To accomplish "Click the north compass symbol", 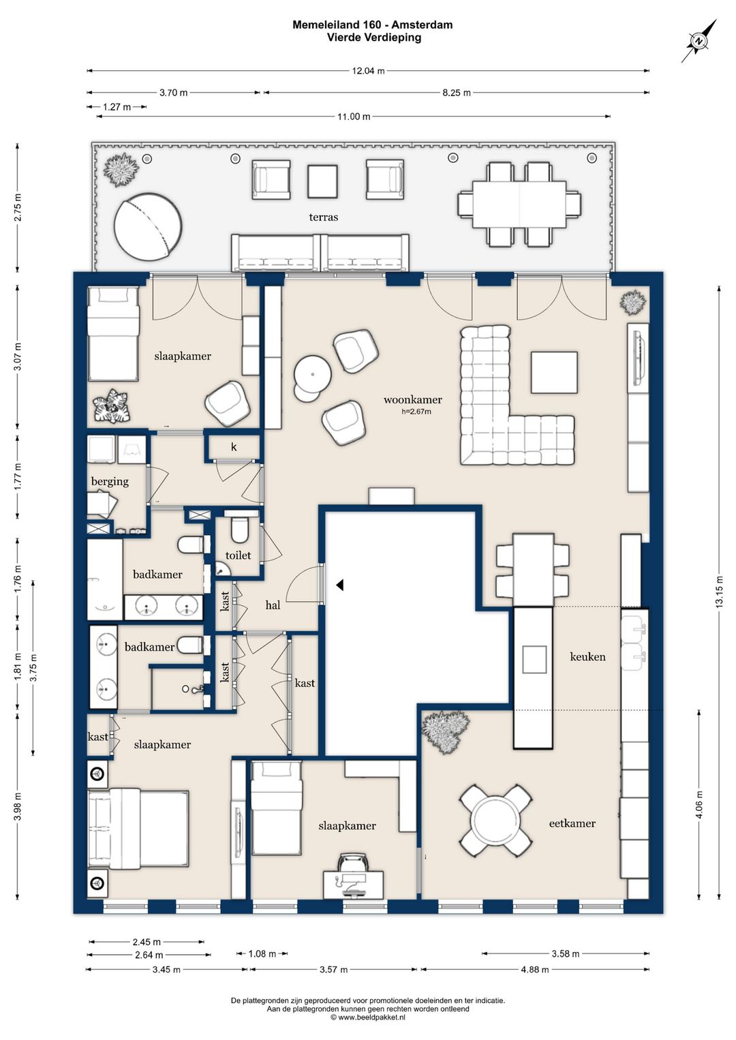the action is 699,41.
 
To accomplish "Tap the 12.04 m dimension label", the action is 368,71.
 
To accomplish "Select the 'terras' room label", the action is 323,217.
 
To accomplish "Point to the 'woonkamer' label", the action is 412,400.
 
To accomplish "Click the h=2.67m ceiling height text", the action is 416,412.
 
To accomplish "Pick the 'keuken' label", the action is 587,656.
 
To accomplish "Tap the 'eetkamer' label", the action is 572,823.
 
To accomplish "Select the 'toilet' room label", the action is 238,555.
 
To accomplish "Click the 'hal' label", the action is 273,605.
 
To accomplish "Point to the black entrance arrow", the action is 339,585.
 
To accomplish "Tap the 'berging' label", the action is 110,481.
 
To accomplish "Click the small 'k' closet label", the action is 234,446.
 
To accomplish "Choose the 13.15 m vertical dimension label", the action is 719,592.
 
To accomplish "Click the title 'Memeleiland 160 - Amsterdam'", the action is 372,25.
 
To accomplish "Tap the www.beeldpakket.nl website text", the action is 368,1018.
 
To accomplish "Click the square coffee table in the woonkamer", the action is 555,372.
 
